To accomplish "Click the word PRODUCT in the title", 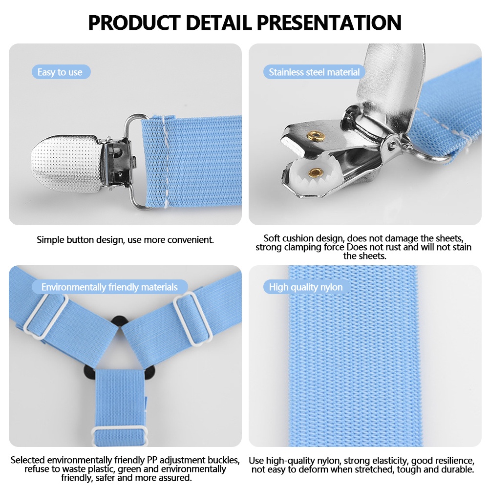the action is [x=134, y=22].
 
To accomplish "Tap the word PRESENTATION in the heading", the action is [x=329, y=22].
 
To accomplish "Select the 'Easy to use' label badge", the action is [x=61, y=72].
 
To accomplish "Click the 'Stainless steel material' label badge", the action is [x=314, y=72].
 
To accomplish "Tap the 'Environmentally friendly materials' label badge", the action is [x=109, y=287].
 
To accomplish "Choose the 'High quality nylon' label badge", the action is [x=306, y=287].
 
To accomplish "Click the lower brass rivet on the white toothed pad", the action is [x=316, y=172].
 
